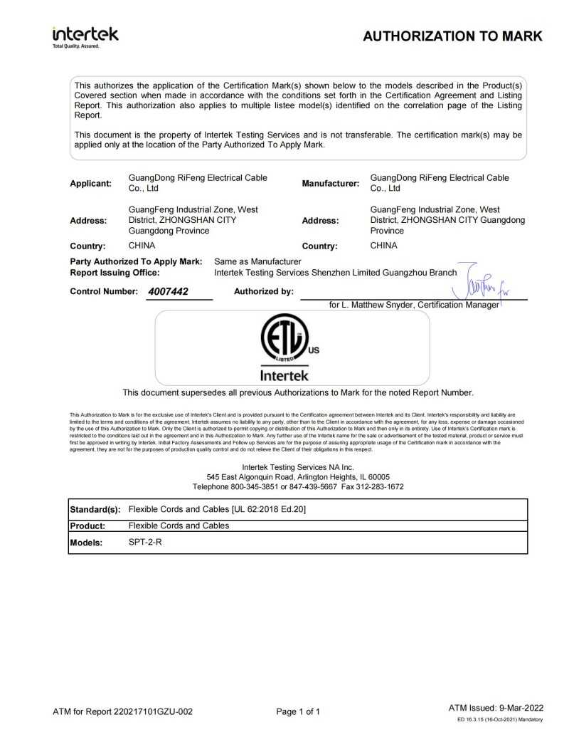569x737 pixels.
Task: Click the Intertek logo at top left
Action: point(85,36)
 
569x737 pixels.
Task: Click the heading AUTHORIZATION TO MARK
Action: point(452,36)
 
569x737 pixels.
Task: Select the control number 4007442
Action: point(169,291)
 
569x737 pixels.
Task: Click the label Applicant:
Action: point(91,183)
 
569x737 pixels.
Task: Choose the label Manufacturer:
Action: point(330,183)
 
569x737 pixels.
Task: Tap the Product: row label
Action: point(88,526)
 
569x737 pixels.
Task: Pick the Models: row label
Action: point(87,543)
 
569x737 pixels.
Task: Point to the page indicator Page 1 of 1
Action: point(298,711)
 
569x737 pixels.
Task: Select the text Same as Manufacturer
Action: point(258,261)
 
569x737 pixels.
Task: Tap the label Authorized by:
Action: point(263,291)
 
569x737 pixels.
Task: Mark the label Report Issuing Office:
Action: point(115,272)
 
